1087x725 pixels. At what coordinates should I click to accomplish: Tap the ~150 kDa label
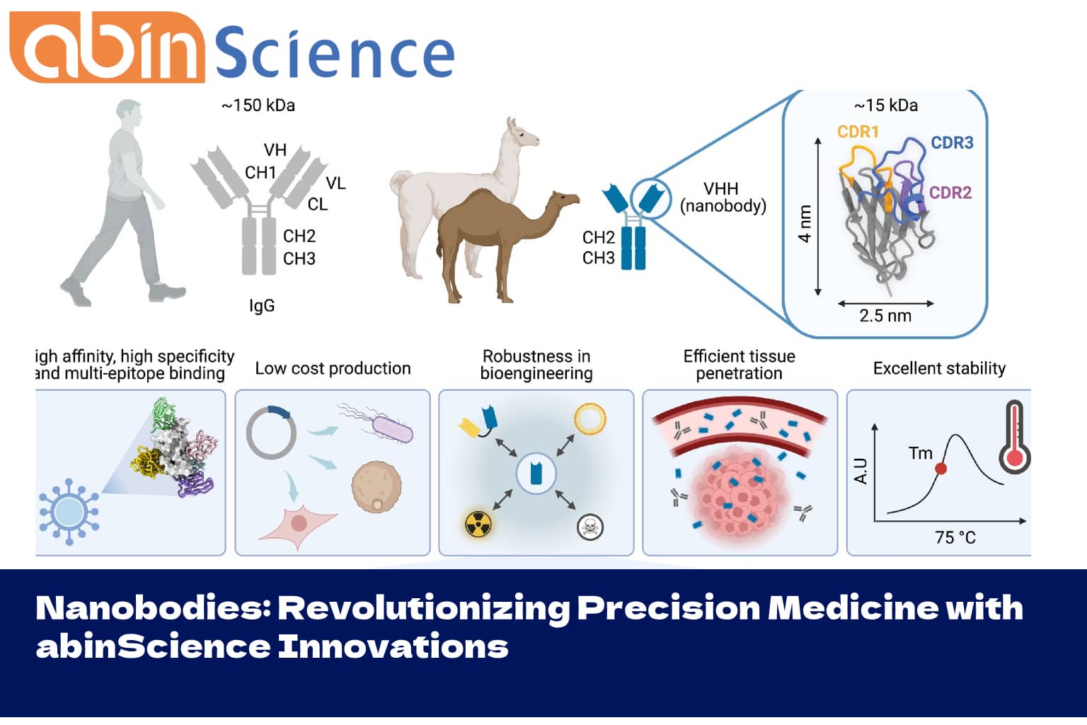coord(258,105)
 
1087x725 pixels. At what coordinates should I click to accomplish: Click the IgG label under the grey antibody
coord(261,306)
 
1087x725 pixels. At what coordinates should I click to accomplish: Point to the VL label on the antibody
coord(335,183)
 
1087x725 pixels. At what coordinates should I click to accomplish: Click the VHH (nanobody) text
coord(723,198)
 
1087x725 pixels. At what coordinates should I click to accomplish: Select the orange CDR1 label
coord(857,132)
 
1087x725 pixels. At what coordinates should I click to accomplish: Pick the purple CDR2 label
coord(950,193)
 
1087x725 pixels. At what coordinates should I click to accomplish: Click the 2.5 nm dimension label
coord(885,316)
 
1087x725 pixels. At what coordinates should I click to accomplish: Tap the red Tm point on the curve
coord(941,468)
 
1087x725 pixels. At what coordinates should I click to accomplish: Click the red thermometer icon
coord(1015,439)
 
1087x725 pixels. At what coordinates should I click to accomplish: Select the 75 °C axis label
coord(955,537)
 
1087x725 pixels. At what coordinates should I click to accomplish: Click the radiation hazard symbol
coord(478,524)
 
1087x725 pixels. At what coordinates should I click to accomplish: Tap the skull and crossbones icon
coord(589,527)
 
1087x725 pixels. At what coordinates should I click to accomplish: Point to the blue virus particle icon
coord(69,511)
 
